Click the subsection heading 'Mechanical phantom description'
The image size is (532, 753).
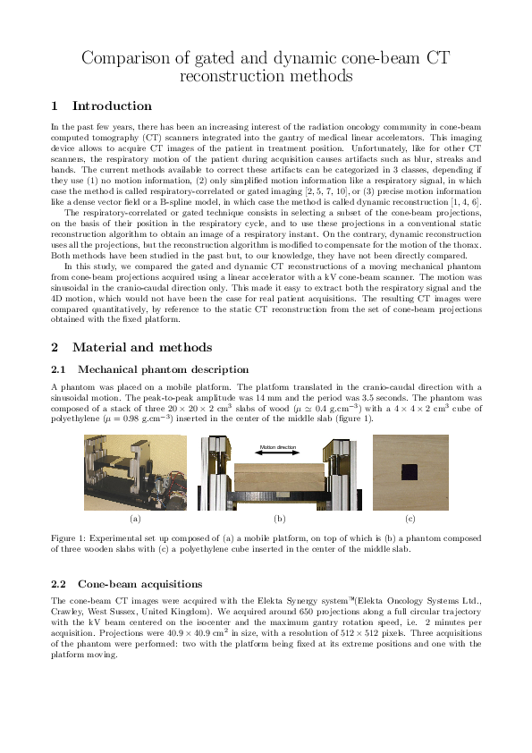click(x=163, y=368)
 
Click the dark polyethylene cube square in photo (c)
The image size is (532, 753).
click(x=409, y=472)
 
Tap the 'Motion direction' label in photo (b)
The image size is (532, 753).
click(x=277, y=446)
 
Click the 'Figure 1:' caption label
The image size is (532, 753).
click(x=71, y=538)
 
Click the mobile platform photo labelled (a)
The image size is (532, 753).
click(x=135, y=472)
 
